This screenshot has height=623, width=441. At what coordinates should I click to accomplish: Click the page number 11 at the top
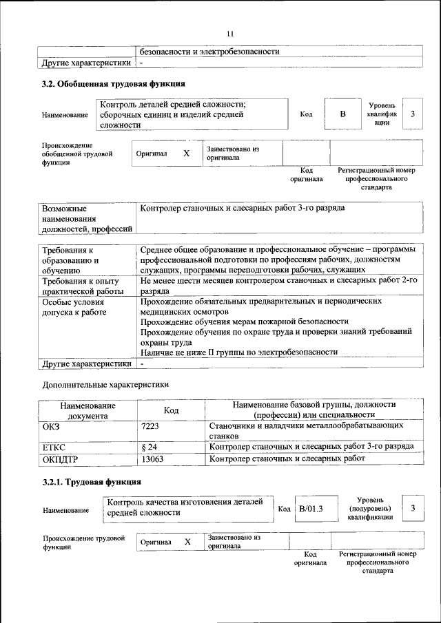tap(230, 33)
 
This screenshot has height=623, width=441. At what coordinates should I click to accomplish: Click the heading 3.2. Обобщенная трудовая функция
tap(114, 85)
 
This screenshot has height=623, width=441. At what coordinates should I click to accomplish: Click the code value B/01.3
tap(311, 509)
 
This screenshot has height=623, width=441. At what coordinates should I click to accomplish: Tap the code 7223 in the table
tap(150, 427)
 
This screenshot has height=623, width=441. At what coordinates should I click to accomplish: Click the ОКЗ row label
tap(52, 427)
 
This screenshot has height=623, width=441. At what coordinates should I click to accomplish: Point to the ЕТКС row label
tap(54, 446)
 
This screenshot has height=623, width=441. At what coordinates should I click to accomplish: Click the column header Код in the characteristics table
tap(171, 410)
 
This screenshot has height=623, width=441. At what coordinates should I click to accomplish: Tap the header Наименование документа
tap(86, 410)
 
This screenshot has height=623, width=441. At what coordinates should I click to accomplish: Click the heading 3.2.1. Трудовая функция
tap(92, 481)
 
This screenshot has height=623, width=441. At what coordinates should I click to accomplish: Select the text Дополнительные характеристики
tap(105, 383)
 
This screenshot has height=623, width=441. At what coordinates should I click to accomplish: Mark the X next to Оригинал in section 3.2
tap(186, 154)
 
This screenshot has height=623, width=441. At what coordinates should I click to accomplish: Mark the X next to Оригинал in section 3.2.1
tap(187, 542)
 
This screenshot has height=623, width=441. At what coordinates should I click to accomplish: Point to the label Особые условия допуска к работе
tap(74, 307)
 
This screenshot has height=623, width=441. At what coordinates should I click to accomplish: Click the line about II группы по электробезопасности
tap(238, 352)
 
